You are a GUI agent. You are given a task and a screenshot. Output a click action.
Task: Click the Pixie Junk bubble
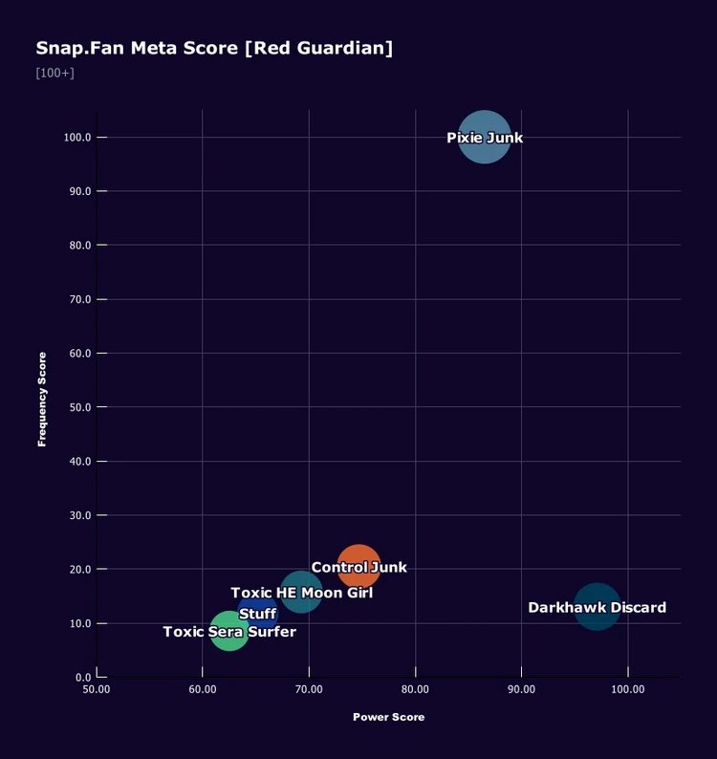tap(485, 138)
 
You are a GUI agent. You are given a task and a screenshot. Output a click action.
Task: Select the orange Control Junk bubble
tap(358, 567)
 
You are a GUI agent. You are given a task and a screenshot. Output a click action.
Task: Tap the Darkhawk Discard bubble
tap(597, 607)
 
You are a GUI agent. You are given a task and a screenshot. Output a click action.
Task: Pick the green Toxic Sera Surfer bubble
tap(229, 631)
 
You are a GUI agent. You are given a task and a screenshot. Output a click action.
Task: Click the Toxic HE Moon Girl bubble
tap(301, 593)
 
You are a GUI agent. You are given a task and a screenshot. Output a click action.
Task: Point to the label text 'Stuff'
tap(257, 614)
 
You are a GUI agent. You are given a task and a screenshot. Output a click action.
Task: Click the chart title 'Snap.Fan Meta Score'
tap(138, 48)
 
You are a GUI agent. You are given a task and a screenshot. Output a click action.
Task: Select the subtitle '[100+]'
tap(54, 74)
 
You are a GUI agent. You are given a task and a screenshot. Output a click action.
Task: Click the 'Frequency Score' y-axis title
tap(42, 400)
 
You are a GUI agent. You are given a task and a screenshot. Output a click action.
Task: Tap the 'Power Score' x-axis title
tap(388, 717)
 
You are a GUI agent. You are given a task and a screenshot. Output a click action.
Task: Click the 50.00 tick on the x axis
tap(97, 689)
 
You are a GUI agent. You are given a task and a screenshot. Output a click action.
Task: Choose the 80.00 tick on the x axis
tap(415, 689)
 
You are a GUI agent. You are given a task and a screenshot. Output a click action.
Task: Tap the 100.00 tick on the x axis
tap(627, 689)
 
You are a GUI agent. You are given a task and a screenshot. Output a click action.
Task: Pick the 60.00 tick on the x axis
tap(203, 689)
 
